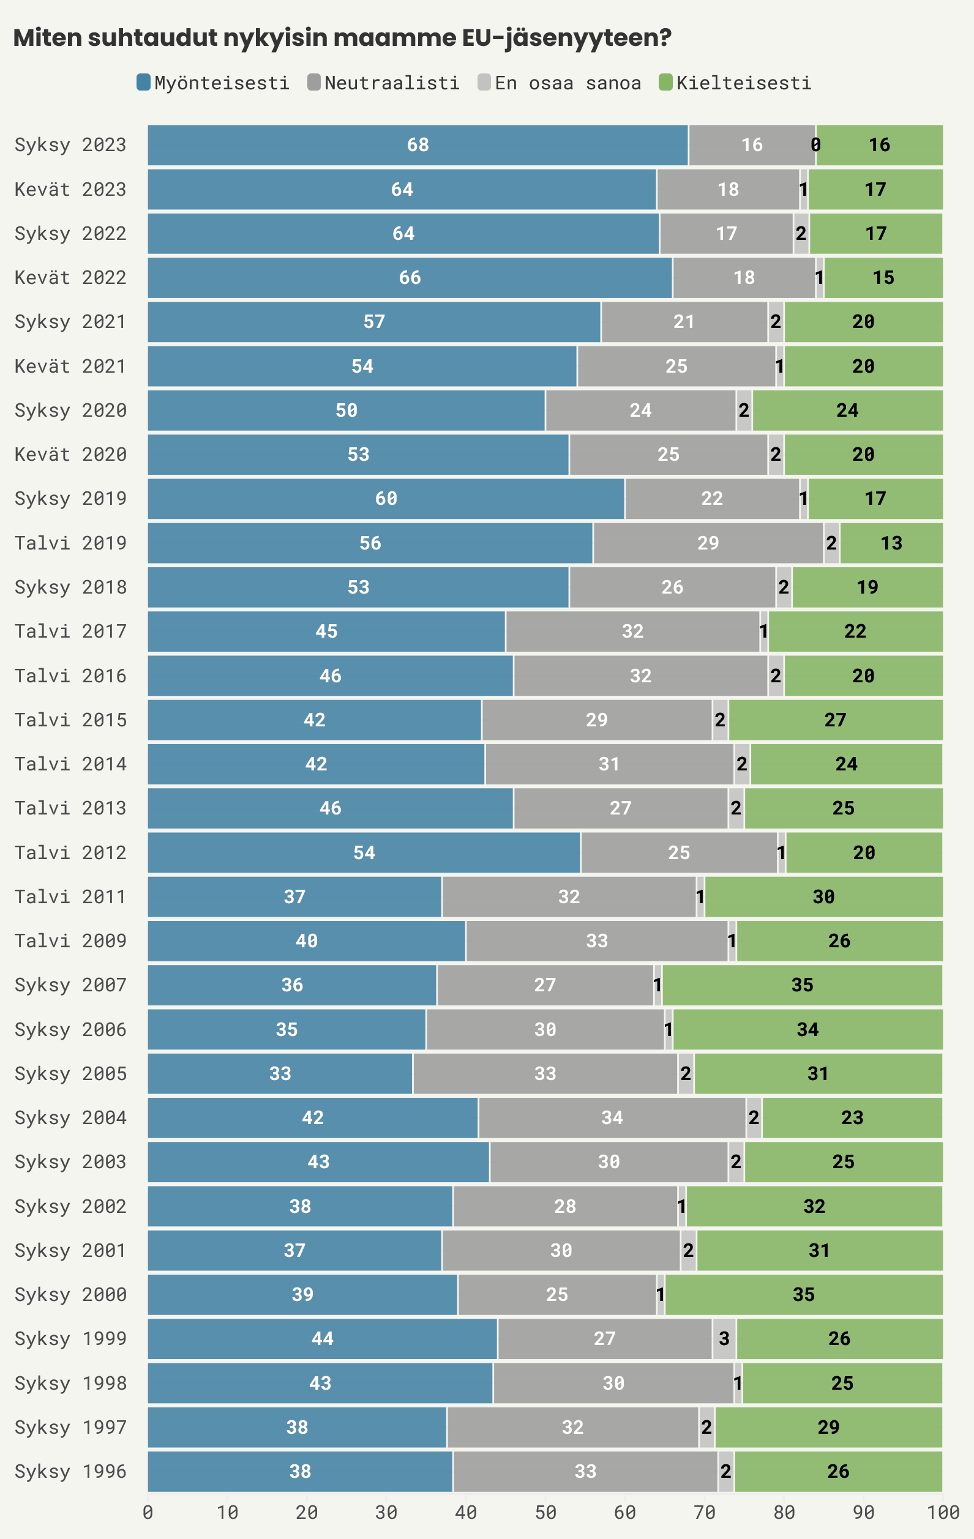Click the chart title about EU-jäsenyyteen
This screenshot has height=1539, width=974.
(342, 39)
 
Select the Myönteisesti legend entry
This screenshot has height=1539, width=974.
(214, 83)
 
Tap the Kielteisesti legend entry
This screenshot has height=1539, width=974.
(735, 83)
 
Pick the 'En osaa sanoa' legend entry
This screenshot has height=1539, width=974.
(560, 83)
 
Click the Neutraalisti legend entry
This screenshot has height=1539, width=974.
(384, 83)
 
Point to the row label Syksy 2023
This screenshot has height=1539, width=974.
(70, 145)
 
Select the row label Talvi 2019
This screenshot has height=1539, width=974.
(70, 543)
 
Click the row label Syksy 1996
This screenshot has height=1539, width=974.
(70, 1471)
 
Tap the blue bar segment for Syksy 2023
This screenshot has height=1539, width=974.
(418, 145)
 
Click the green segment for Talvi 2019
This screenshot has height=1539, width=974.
(891, 543)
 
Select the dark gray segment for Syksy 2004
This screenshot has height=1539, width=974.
(612, 1118)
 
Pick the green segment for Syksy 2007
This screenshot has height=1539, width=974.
(802, 985)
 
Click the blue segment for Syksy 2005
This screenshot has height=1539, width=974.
(280, 1074)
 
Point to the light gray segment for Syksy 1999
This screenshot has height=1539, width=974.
(724, 1339)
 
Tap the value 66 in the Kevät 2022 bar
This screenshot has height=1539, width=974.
(410, 278)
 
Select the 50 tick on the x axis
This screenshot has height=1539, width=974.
(545, 1513)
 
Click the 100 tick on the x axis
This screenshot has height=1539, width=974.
(943, 1513)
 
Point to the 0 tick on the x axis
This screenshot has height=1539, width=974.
(148, 1513)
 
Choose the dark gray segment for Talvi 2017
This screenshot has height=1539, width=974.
(632, 632)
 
